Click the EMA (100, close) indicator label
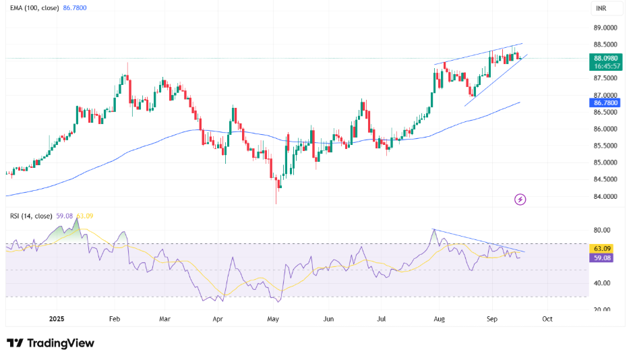33,8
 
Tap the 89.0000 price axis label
605,28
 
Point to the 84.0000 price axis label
605,197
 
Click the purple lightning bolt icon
520,200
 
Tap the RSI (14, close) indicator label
32,216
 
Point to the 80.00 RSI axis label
602,230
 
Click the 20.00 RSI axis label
602,310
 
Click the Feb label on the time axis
114,318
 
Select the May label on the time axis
273,318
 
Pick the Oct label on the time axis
547,318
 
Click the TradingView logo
51,343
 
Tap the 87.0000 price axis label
605,96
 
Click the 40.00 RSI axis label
602,283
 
